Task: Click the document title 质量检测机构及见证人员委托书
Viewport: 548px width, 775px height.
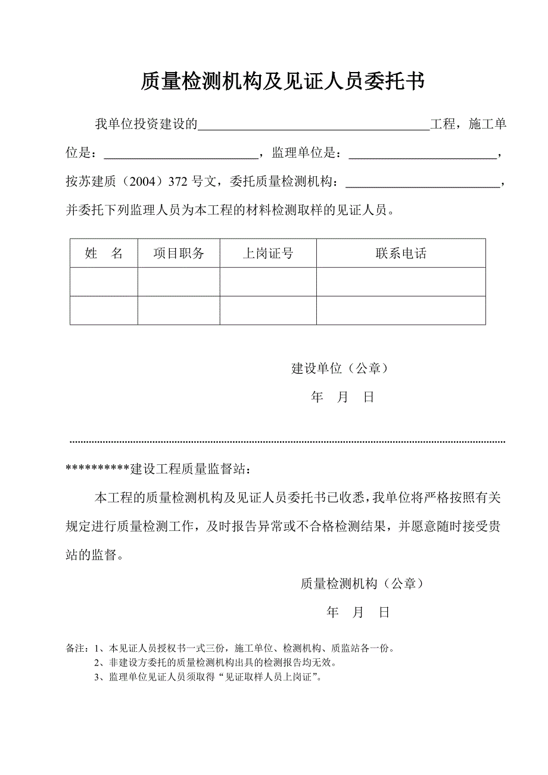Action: coord(282,82)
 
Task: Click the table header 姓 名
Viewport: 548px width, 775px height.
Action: coord(104,254)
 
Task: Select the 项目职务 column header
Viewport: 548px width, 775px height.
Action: coord(179,254)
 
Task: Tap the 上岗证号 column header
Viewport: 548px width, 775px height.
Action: coord(268,254)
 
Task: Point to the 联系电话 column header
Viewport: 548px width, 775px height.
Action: coord(401,254)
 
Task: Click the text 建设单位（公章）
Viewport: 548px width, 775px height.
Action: coord(340,368)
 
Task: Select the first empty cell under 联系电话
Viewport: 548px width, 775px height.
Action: coord(401,282)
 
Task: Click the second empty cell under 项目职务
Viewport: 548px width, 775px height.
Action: coord(179,310)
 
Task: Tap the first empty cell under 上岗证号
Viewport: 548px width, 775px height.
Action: coord(268,282)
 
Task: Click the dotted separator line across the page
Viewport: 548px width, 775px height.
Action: coord(288,442)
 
